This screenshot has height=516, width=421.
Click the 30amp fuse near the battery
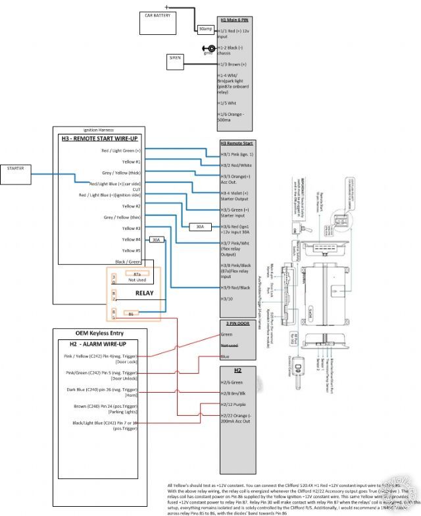[204, 29]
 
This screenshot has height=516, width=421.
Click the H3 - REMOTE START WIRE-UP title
[99, 138]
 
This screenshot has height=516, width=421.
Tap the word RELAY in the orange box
[144, 293]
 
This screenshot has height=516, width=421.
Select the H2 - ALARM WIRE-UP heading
[97, 344]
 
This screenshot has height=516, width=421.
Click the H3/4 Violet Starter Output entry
[237, 196]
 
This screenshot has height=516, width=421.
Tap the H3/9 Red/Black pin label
[236, 287]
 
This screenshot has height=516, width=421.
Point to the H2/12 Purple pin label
[235, 404]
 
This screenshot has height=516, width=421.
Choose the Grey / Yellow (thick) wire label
[122, 173]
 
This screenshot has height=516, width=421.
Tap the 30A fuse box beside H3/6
[199, 227]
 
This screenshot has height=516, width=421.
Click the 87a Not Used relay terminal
[137, 276]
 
